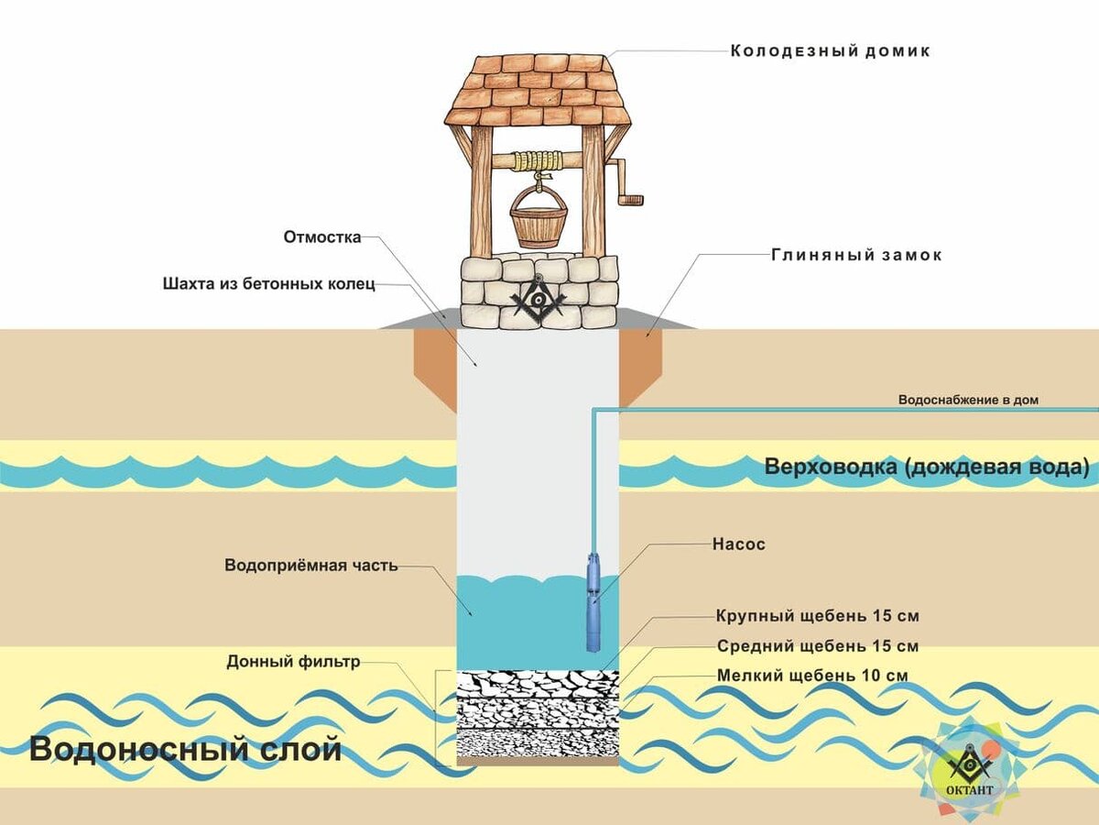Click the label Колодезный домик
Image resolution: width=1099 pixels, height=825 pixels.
830,51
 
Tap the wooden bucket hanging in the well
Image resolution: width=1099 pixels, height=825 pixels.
538,222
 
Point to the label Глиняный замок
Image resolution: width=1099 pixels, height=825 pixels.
856,256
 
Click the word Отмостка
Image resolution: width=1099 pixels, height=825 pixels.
321,236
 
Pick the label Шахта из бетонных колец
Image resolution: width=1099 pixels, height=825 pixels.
269,283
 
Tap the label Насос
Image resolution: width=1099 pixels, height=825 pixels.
738,544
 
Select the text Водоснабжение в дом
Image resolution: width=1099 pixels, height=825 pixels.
968,400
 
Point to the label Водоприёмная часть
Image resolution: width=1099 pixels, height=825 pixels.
311,566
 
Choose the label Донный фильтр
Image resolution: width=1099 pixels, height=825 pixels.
294,661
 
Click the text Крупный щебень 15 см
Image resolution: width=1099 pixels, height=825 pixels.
817,615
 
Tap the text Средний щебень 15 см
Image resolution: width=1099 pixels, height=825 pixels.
817,646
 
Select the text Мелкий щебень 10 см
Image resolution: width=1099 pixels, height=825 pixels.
811,676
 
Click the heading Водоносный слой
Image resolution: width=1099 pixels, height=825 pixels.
186,749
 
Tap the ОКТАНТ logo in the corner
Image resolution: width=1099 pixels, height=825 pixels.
969,770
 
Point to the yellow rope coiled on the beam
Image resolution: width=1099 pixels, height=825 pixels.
537,161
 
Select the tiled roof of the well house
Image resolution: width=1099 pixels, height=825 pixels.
538,90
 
